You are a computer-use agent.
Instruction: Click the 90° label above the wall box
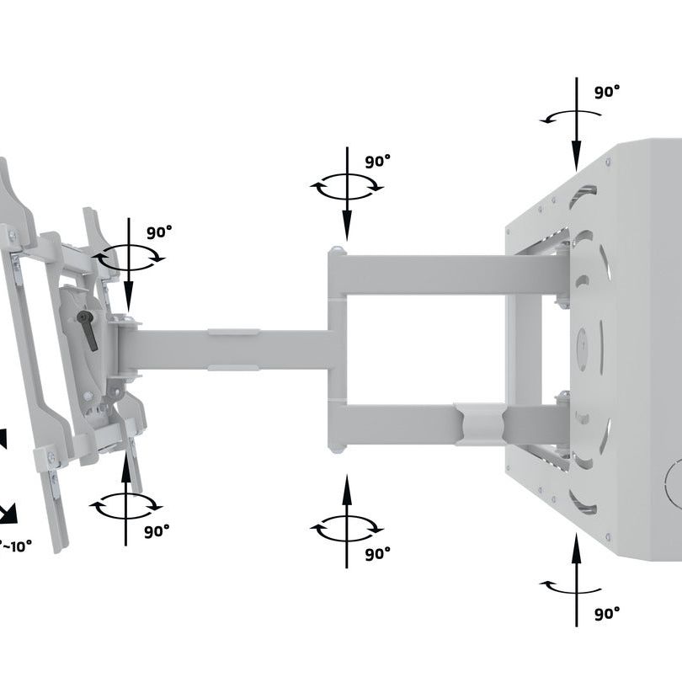[x=607, y=92]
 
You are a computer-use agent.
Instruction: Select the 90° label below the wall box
[x=606, y=614]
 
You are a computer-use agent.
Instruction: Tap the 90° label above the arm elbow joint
[x=378, y=163]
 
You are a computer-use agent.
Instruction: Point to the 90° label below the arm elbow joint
[x=378, y=553]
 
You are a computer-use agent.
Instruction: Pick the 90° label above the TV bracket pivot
[x=160, y=232]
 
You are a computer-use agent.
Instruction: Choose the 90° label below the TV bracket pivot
[x=156, y=531]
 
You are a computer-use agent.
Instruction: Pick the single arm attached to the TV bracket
[x=227, y=349]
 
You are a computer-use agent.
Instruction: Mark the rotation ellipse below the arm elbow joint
[x=347, y=529]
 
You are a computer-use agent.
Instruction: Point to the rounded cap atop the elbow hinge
[x=337, y=250]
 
